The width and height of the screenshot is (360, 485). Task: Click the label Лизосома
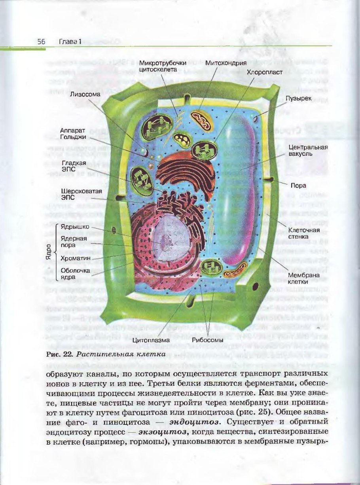point(85,95)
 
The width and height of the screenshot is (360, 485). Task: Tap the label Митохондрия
point(226,63)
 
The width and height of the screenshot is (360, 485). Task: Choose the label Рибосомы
point(208,339)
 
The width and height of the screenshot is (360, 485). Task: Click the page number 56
point(41,41)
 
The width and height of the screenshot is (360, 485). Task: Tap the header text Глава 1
point(70,41)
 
